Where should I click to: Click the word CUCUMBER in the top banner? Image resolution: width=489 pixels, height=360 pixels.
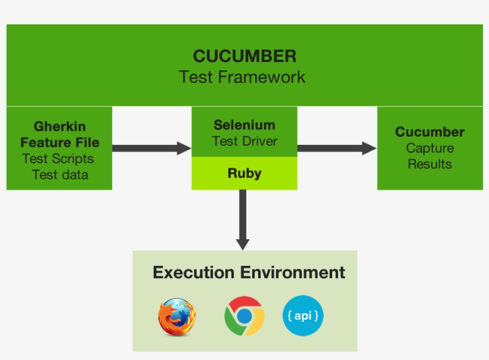tap(244, 57)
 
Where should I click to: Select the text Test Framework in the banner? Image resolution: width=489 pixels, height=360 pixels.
tap(242, 77)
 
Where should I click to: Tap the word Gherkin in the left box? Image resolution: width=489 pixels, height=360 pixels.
tap(60, 127)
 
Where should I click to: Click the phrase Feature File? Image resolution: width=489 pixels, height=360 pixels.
tap(60, 143)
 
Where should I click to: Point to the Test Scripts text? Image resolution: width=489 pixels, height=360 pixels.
tap(58, 159)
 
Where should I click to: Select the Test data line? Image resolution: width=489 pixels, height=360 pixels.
tap(60, 175)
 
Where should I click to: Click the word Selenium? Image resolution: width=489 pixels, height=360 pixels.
tap(244, 125)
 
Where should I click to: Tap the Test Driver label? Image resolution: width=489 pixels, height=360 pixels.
tap(244, 141)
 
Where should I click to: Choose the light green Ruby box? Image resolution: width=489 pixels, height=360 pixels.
tap(244, 173)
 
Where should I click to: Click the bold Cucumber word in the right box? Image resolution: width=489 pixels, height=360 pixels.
tap(429, 132)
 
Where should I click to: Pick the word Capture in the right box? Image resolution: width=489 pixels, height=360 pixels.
tap(429, 148)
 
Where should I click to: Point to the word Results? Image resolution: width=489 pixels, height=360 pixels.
tap(429, 164)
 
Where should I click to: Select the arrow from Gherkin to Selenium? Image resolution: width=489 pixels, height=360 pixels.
tap(151, 148)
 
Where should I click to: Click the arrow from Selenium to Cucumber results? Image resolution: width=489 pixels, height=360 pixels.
tap(337, 148)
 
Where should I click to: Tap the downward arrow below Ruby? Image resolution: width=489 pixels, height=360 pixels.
tap(243, 219)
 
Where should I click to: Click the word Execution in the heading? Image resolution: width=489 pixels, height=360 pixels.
tap(193, 273)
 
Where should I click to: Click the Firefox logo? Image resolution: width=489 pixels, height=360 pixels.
tap(177, 317)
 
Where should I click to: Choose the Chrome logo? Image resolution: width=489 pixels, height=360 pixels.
tap(244, 316)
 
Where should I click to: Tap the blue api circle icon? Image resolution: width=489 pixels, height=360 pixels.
tap(303, 315)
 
